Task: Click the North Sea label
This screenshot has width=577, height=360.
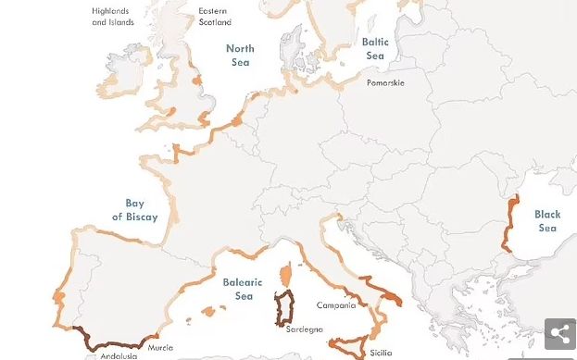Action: point(240,55)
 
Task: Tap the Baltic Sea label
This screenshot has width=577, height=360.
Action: point(374,49)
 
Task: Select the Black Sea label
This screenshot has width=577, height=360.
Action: point(547,221)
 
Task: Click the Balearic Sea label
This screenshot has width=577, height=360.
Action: point(243,289)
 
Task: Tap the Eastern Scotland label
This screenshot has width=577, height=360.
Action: point(214,17)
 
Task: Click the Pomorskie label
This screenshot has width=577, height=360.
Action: point(384,82)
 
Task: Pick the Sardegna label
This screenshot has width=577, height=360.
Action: point(304,329)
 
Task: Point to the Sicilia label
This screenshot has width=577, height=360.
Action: point(381,353)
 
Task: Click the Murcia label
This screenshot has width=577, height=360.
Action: point(160,348)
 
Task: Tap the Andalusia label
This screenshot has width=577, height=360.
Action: point(118,355)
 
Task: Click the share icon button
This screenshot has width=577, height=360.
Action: point(559,334)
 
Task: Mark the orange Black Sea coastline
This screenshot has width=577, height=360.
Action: point(510,222)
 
